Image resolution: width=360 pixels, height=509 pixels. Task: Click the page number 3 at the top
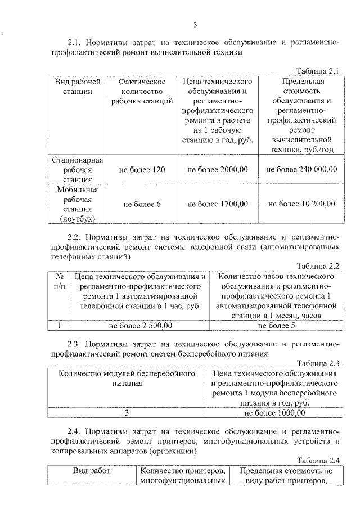pos(195,24)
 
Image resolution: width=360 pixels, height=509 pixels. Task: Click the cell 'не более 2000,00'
pos(217,169)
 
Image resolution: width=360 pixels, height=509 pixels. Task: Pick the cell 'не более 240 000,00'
pos(301,169)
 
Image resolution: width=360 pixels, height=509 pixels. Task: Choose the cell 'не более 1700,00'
pos(217,204)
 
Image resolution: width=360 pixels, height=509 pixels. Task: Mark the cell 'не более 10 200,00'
pos(301,204)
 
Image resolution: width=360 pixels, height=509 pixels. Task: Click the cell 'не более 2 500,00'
pos(140,325)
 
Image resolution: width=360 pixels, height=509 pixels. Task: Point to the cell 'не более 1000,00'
pos(275,413)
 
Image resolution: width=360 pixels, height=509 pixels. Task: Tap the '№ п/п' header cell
pos(59,281)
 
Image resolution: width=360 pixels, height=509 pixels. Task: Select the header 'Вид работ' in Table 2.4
pos(92,471)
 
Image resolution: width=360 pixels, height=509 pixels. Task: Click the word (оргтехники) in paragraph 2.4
pos(169,451)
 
